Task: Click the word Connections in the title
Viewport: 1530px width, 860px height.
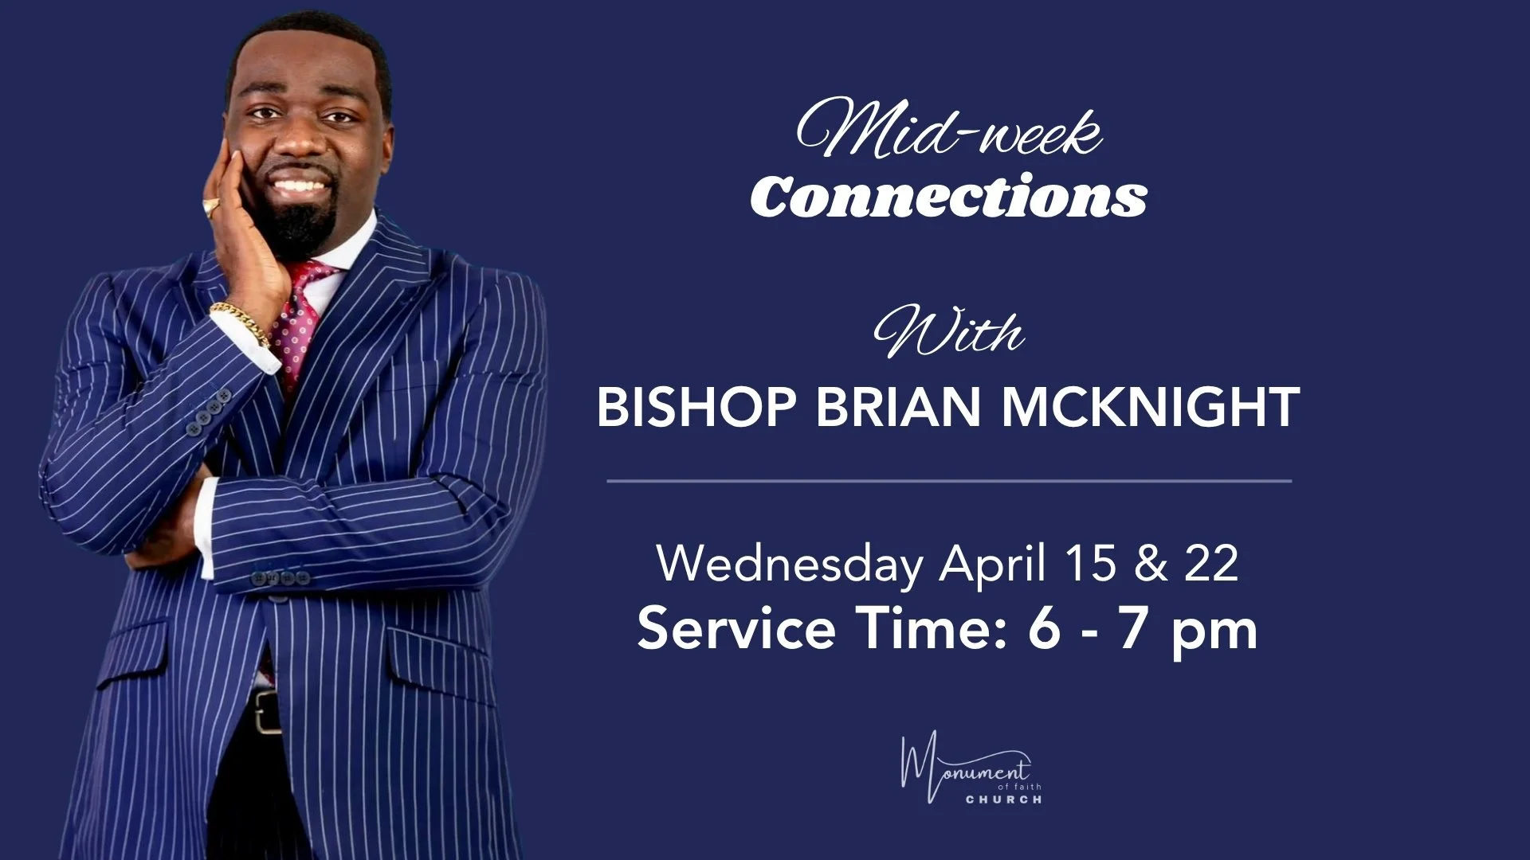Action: click(x=948, y=197)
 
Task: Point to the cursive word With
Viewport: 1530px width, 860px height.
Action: click(x=948, y=333)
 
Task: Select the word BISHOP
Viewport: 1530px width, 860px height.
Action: click(x=696, y=407)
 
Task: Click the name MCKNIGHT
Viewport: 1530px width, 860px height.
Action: click(x=1150, y=407)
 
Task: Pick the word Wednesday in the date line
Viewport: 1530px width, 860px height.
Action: click(x=789, y=564)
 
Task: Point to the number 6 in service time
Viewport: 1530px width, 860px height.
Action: click(x=1044, y=628)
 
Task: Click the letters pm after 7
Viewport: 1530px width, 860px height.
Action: click(x=1214, y=632)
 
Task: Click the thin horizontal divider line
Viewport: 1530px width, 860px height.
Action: click(x=948, y=481)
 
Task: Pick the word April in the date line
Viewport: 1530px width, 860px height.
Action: click(x=991, y=564)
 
